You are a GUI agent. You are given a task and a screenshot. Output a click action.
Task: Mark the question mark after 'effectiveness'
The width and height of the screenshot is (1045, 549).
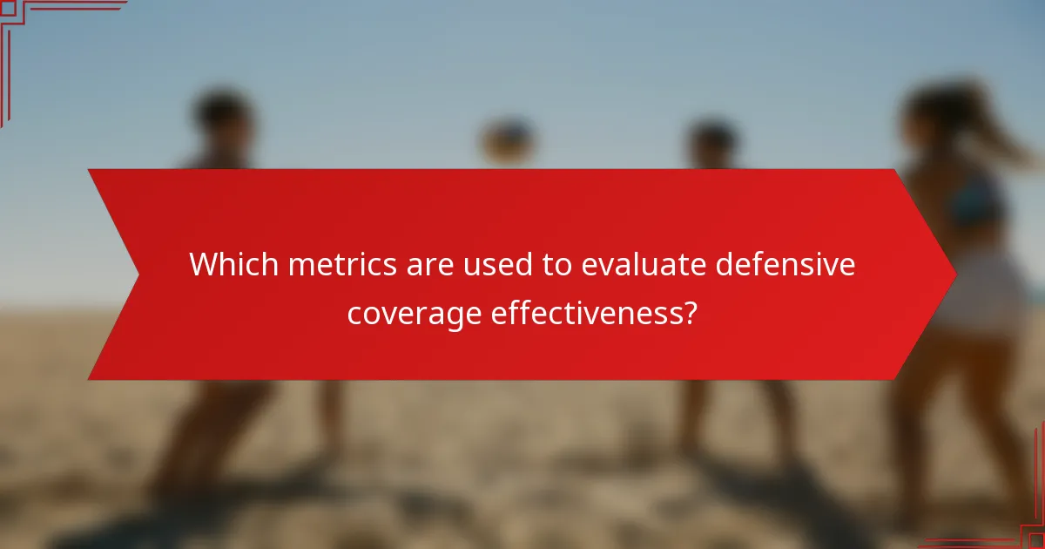[x=689, y=313]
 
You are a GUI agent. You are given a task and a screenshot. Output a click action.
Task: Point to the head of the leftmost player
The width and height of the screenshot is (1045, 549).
[x=222, y=118]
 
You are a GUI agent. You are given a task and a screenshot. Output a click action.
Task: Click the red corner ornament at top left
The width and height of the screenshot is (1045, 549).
[x=17, y=17]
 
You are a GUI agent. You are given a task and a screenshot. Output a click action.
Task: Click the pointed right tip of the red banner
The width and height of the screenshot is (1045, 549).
[x=954, y=274]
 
